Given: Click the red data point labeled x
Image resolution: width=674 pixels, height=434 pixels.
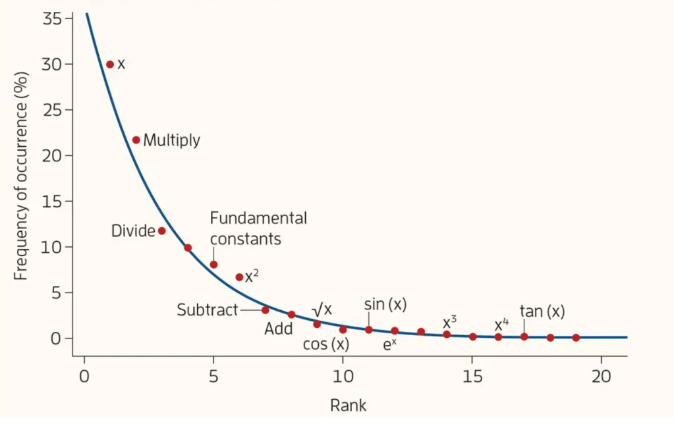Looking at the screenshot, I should [110, 64].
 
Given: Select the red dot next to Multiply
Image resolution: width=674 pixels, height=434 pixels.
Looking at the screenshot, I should [136, 140].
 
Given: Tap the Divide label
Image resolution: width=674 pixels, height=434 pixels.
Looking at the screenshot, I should [133, 231].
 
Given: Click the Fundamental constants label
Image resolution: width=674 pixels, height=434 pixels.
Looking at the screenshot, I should [258, 228].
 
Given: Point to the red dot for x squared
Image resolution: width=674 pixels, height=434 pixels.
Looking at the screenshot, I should [239, 277].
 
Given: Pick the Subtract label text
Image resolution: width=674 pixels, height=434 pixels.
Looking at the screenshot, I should [207, 310].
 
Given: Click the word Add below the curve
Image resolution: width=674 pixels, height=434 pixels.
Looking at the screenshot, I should [279, 329].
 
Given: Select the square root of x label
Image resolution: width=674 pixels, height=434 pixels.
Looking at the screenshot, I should [322, 309].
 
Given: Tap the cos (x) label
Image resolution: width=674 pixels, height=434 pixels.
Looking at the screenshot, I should [325, 344].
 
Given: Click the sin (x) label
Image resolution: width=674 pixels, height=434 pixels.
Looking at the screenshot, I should [385, 304].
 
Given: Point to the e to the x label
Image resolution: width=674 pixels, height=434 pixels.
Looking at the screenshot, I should [389, 343].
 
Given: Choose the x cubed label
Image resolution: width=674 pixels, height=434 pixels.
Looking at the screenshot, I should [449, 322].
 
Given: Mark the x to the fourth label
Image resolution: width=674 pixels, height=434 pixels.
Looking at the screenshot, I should [501, 325].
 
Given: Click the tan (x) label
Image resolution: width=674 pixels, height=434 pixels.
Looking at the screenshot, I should [542, 311].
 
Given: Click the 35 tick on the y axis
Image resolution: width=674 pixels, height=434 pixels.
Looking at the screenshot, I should [53, 18].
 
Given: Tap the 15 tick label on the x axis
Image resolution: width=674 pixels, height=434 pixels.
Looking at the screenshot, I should [472, 377].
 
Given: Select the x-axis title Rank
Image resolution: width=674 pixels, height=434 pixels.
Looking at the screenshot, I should [348, 405].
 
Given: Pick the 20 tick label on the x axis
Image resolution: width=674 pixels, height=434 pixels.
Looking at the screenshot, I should [601, 377].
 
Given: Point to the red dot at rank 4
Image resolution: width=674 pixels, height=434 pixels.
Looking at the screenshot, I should [188, 248].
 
